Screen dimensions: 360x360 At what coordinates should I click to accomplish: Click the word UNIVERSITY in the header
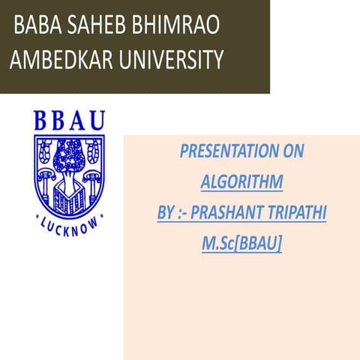tap(169, 59)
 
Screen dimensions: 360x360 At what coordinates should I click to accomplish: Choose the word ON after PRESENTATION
tap(292, 151)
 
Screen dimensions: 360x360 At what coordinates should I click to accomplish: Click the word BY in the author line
tap(166, 213)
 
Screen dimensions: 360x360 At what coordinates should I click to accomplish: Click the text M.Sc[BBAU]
tap(241, 244)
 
